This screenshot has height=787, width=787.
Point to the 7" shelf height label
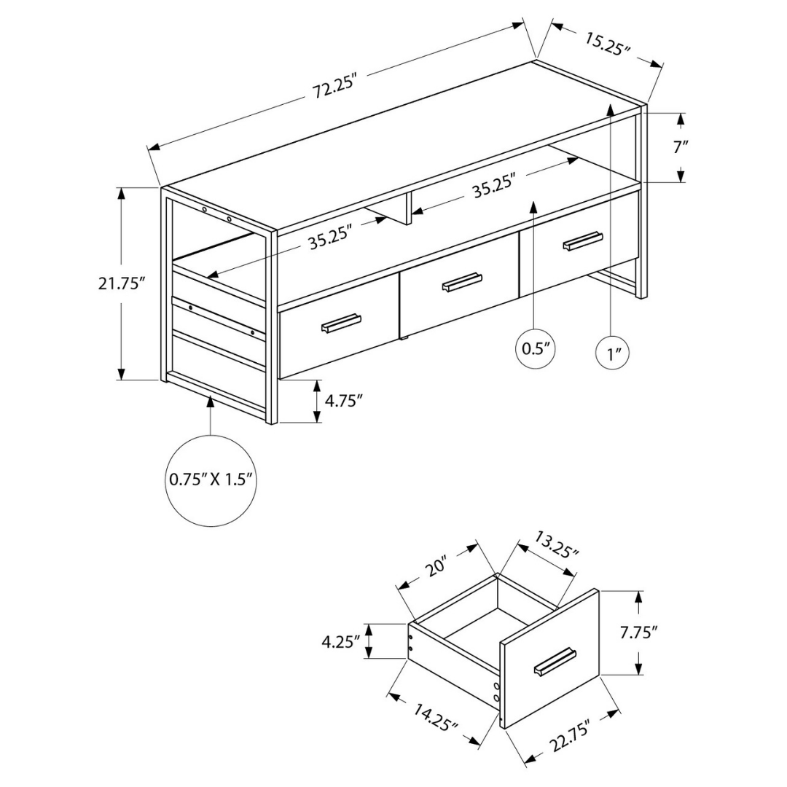pyautogui.click(x=681, y=146)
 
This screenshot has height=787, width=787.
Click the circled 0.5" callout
pyautogui.click(x=534, y=348)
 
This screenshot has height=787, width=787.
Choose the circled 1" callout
pyautogui.click(x=611, y=355)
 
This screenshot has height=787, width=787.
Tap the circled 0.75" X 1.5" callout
pyautogui.click(x=210, y=479)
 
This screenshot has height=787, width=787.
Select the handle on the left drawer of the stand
pyautogui.click(x=340, y=324)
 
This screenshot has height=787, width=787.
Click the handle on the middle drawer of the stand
pyautogui.click(x=462, y=282)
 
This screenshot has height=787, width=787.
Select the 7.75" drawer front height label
pyautogui.click(x=638, y=632)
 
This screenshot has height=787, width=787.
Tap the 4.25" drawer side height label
pyautogui.click(x=341, y=642)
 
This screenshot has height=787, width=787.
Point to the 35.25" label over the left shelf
pyautogui.click(x=329, y=239)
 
